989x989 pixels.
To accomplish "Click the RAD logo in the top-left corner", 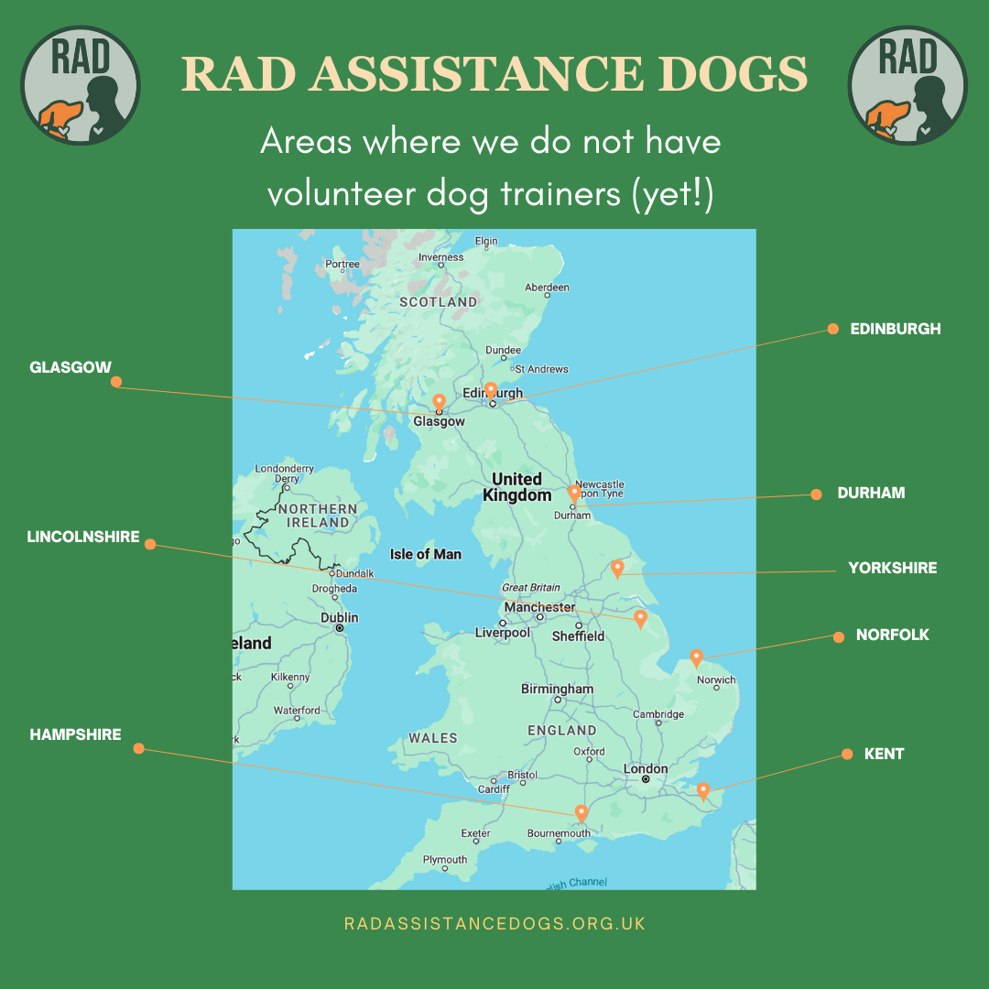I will [80, 85].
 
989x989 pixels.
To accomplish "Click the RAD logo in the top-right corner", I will [907, 85].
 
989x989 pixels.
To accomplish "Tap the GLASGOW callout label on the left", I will [71, 367].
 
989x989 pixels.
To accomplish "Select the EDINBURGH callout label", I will [895, 329].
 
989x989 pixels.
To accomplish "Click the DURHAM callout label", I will [871, 493].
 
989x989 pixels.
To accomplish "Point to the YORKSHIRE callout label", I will [892, 568].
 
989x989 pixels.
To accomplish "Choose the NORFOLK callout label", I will [892, 635].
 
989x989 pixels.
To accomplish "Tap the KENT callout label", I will [884, 754].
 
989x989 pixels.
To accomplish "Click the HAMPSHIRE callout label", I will [75, 734].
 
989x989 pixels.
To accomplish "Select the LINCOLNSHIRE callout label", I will [83, 537].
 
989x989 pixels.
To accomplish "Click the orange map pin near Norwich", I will [696, 658].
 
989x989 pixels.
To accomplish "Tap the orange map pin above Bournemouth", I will [581, 813].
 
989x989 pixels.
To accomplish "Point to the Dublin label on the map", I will [339, 617].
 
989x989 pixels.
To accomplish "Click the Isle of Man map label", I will [426, 554].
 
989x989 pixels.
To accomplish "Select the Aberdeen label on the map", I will [547, 288].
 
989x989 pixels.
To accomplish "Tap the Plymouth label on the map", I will [445, 860].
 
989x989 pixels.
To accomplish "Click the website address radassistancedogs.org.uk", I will [494, 923].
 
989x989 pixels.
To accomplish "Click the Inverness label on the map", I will [441, 257].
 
